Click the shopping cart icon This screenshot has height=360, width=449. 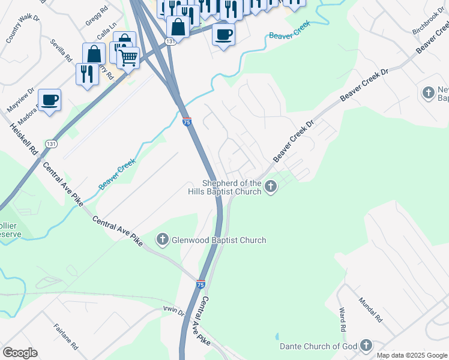(128, 58)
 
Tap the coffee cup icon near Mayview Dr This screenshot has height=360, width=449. (49, 100)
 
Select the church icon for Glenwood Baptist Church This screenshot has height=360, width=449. (162, 241)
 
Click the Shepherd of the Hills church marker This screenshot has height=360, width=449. (271, 187)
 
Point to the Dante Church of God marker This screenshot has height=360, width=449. (366, 346)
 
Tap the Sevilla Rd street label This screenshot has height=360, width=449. (61, 50)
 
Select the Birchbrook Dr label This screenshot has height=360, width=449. (427, 22)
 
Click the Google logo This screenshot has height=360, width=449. (20, 353)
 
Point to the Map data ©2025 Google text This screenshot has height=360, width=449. (412, 355)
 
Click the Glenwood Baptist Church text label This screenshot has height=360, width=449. (218, 241)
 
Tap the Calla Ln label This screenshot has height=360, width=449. (106, 33)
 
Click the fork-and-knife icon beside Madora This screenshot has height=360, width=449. (87, 74)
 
